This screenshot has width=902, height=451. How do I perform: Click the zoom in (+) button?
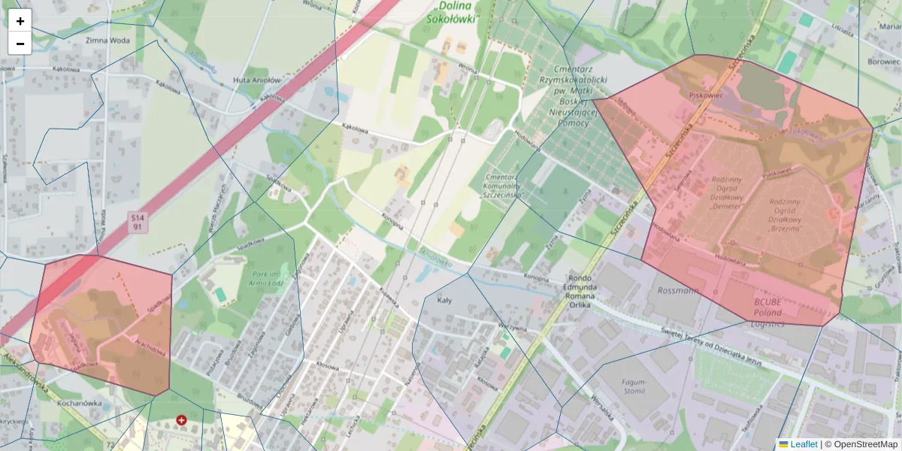[20, 21]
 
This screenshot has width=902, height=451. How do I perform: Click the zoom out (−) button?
[20, 44]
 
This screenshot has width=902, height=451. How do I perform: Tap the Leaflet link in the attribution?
[803, 444]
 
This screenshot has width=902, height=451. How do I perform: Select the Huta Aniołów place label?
[256, 80]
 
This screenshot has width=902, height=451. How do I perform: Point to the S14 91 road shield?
[137, 221]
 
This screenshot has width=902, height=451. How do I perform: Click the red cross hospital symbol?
[181, 420]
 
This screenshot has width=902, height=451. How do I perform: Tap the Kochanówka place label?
[79, 402]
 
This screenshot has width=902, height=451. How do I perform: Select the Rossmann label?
[677, 289]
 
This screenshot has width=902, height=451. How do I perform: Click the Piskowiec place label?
[705, 95]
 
